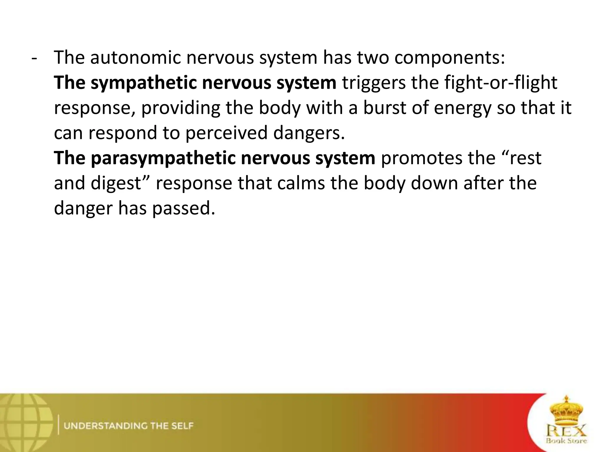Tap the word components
click(x=449, y=58)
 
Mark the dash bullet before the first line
click(x=34, y=58)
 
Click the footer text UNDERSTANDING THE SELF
click(x=129, y=426)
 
